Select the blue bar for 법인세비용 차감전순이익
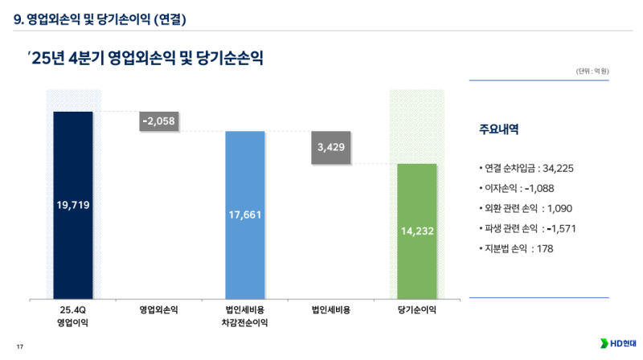[245, 177]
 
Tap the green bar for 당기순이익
[417, 193]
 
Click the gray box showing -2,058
[158, 121]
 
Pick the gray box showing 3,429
[331, 148]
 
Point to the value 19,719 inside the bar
[73, 205]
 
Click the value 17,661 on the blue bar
[245, 215]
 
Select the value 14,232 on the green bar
[417, 231]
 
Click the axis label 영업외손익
[158, 309]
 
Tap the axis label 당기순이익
[417, 309]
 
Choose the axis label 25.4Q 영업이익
[73, 315]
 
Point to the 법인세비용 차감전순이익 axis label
[245, 315]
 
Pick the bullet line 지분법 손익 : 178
[516, 248]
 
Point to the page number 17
[20, 346]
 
